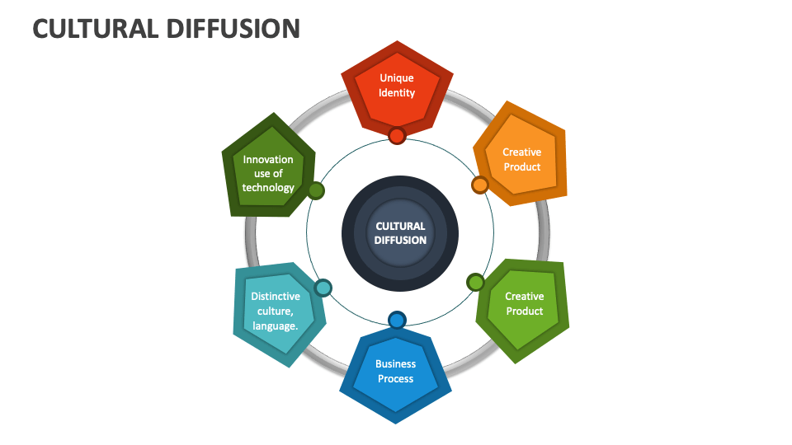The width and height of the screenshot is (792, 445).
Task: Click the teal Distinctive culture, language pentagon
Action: click(276, 311)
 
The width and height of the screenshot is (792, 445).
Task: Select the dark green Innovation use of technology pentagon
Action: click(268, 172)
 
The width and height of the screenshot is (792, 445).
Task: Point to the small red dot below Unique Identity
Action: click(397, 136)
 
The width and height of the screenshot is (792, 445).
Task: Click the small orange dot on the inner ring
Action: click(479, 185)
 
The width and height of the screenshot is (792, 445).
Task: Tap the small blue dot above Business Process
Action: click(397, 320)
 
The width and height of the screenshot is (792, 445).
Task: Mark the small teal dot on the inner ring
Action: click(323, 288)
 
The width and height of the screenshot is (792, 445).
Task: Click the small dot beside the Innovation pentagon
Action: click(315, 191)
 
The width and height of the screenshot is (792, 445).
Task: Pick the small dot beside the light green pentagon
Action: click(475, 283)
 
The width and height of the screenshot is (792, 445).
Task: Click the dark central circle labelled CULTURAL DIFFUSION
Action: click(400, 233)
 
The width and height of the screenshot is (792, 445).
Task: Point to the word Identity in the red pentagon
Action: click(397, 93)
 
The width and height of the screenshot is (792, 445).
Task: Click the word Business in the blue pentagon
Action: click(396, 363)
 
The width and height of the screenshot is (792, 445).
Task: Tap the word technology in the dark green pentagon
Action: click(268, 188)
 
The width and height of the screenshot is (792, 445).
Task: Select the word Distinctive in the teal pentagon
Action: click(276, 296)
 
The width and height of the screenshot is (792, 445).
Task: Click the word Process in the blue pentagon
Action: click(396, 379)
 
